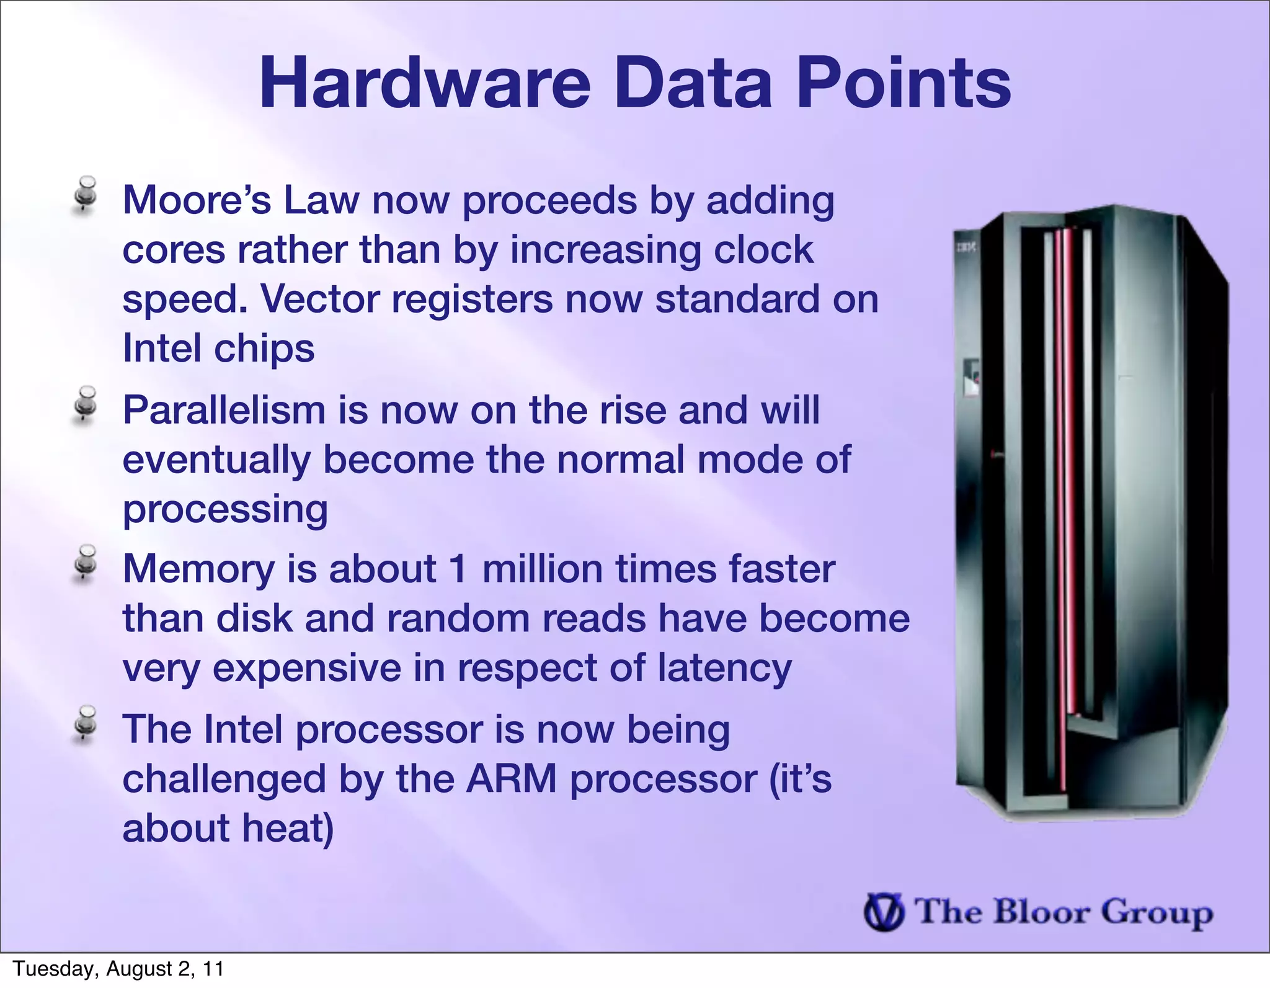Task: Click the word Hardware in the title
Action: click(425, 83)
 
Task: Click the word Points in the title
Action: click(904, 83)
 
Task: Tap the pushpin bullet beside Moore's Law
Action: click(86, 195)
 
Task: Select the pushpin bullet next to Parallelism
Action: click(86, 405)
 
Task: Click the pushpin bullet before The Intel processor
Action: click(86, 724)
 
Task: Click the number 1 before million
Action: click(459, 569)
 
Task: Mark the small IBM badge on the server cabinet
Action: click(966, 248)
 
